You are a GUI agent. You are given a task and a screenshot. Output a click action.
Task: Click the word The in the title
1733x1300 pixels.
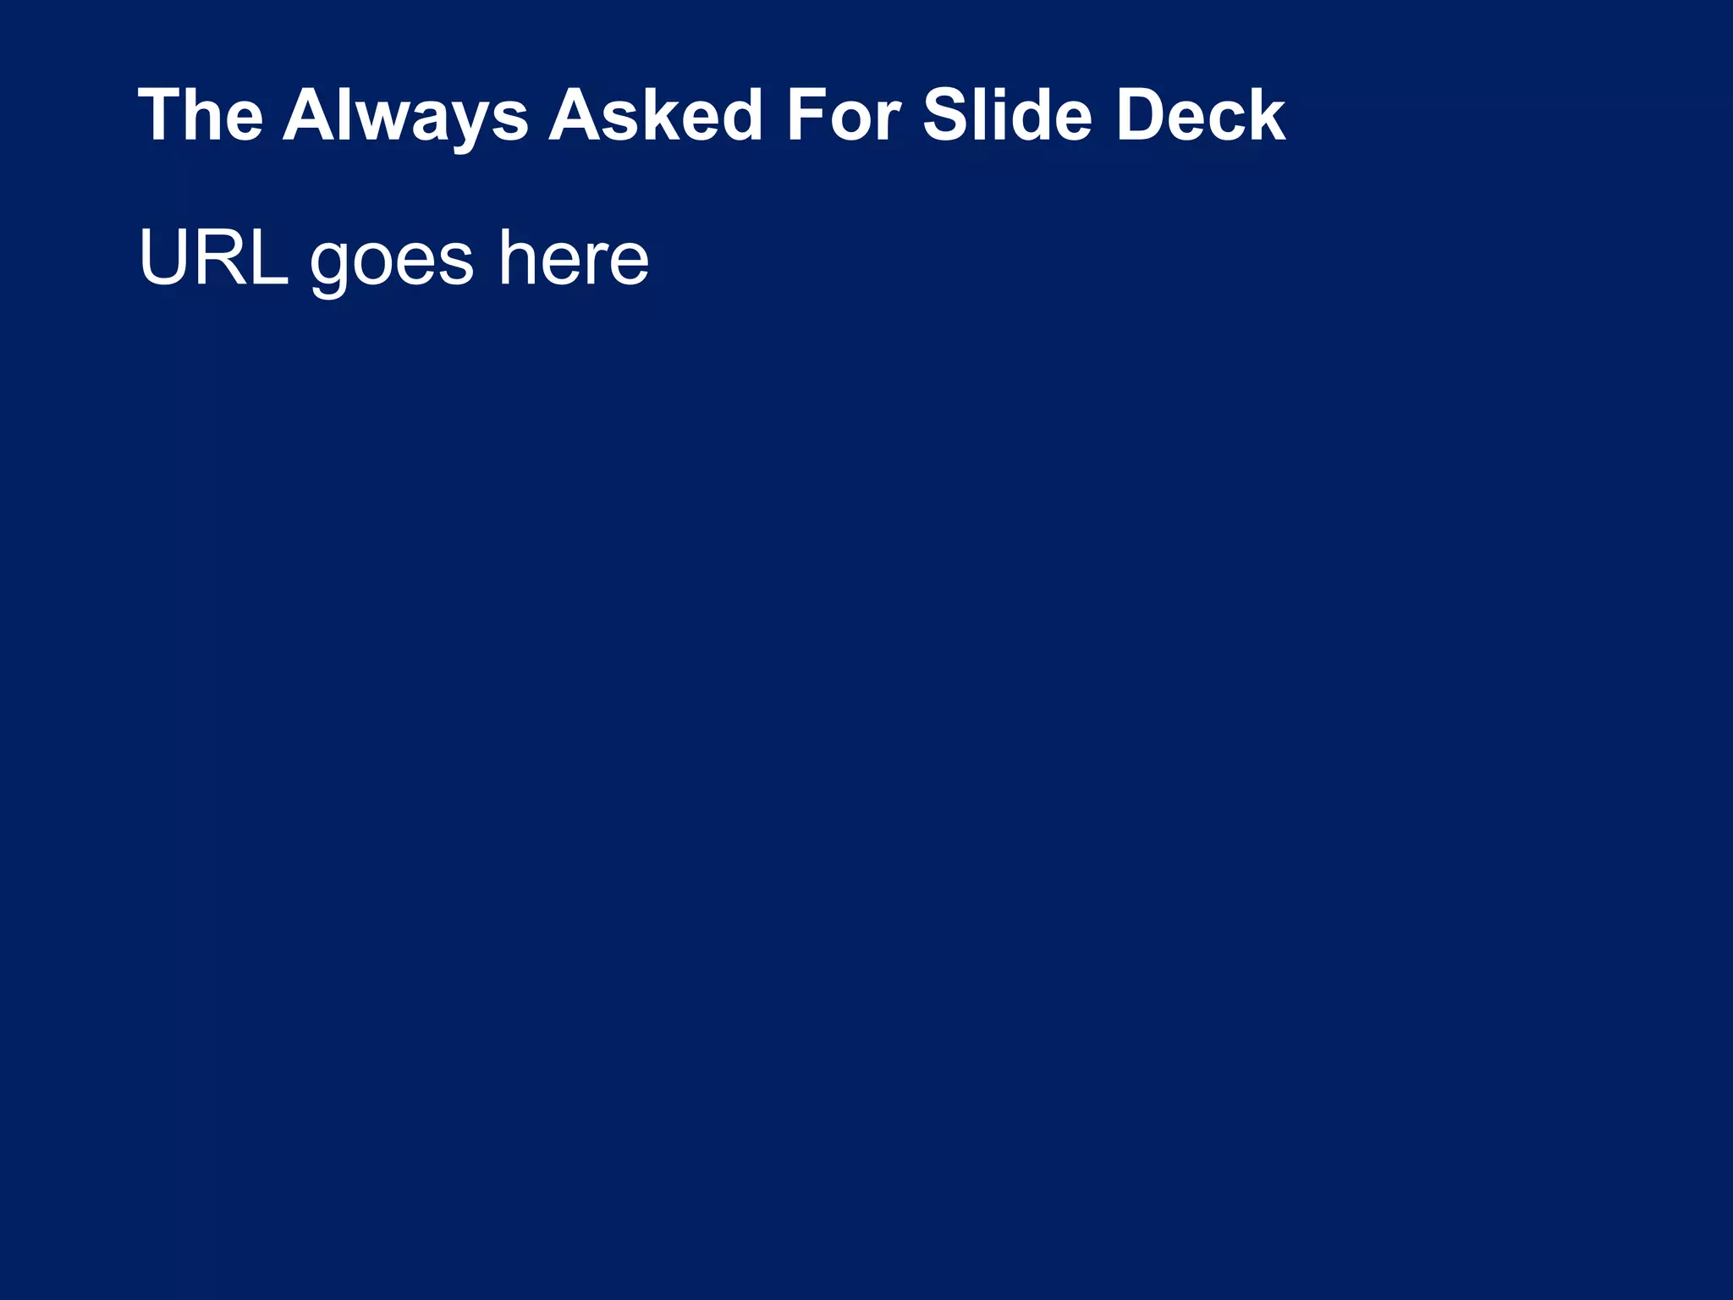coord(201,115)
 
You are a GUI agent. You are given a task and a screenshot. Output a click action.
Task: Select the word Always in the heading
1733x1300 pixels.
coord(405,117)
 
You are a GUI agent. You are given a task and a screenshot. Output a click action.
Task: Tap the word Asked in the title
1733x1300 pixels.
coord(657,115)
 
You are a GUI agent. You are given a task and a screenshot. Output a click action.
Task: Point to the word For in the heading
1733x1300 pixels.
coord(843,115)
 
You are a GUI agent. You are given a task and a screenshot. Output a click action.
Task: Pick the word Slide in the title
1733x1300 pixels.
coord(1007,115)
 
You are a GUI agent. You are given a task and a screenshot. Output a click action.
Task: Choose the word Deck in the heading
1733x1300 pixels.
coord(1201,115)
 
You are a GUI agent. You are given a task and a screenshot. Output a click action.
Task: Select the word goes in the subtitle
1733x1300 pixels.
coord(391,262)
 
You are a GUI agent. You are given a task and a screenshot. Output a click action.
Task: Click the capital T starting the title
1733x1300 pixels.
coord(160,115)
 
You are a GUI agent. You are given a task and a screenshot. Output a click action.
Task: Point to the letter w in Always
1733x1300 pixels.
coord(388,120)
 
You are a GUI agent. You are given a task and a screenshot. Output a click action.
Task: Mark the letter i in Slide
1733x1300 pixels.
coord(999,115)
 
